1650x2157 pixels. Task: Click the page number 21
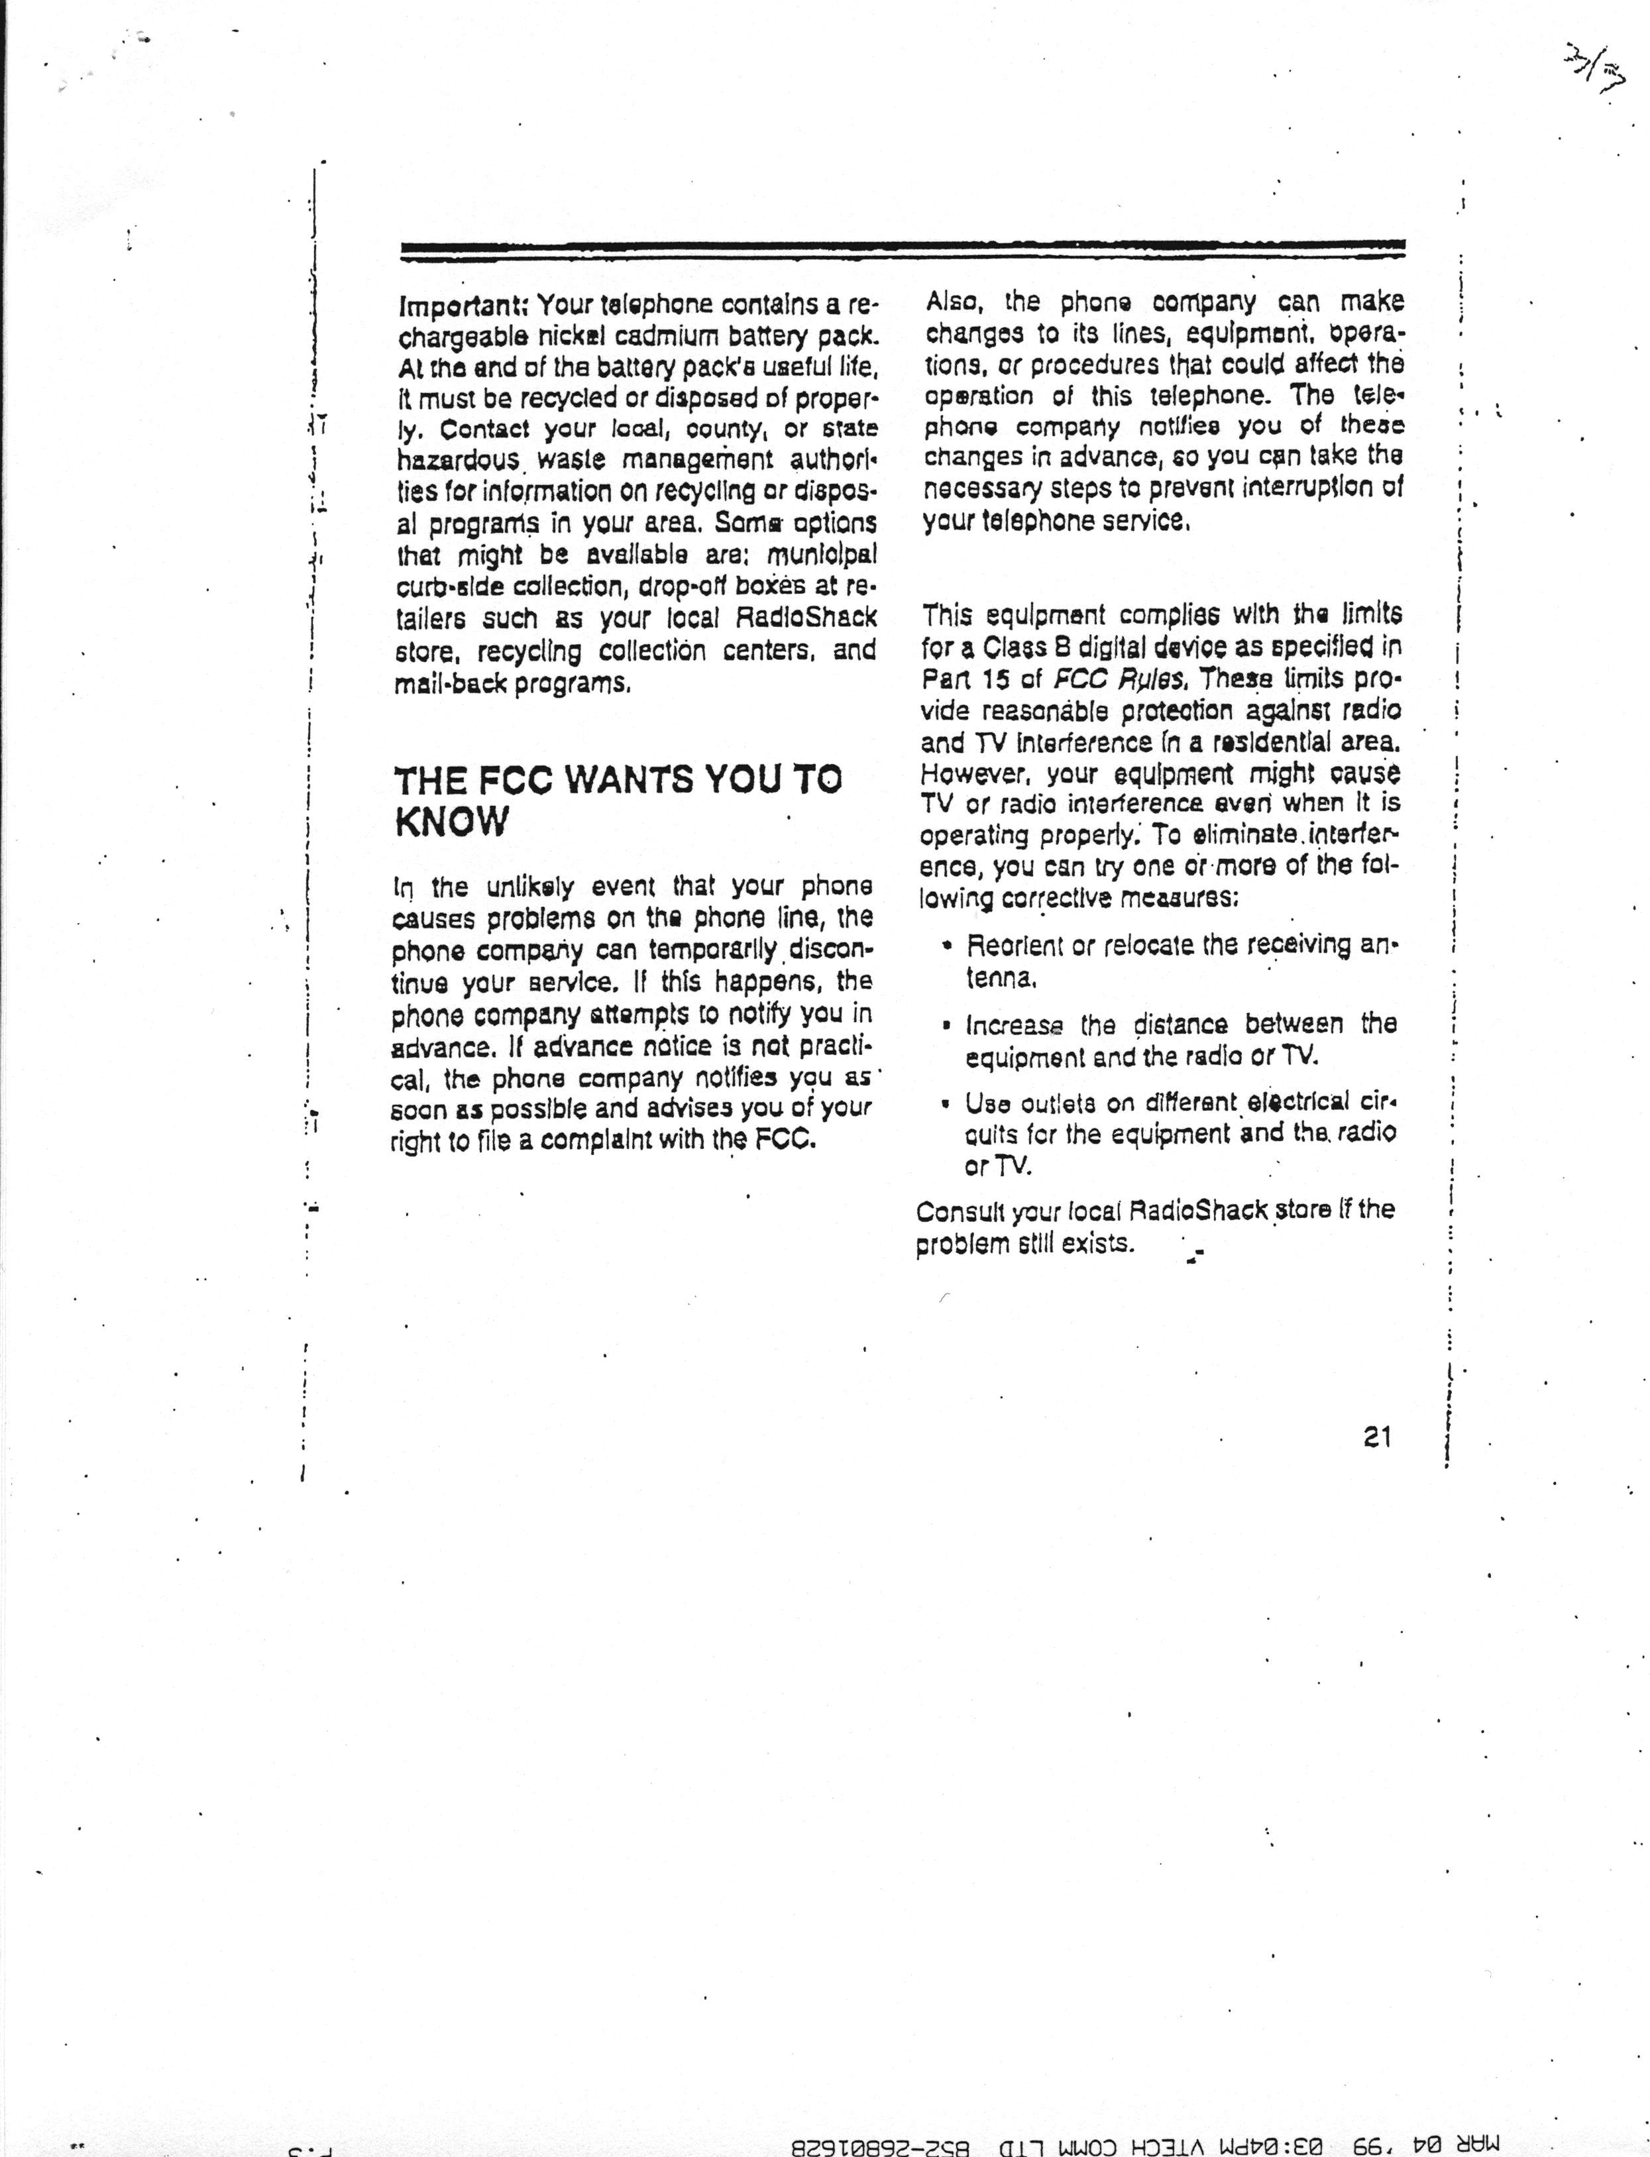[1377, 1437]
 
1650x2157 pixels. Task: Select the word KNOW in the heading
[452, 821]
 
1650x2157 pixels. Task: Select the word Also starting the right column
[949, 302]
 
